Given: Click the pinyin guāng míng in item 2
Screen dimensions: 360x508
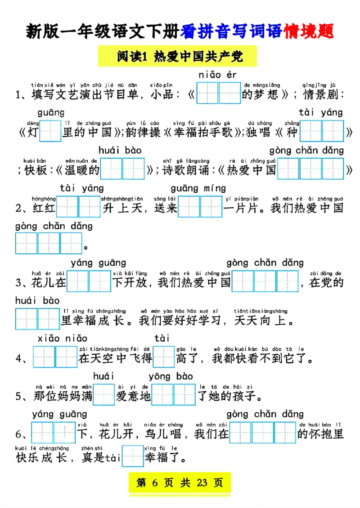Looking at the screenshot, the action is (x=198, y=188).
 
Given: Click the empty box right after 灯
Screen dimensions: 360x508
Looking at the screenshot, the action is (x=49, y=132).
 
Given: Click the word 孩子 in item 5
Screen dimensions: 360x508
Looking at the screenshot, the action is (x=247, y=396).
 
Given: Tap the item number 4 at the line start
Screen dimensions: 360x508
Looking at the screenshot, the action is (x=19, y=359).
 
